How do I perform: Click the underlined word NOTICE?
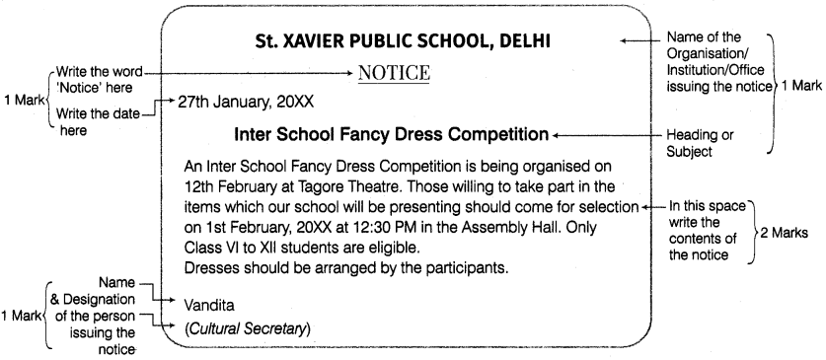pos(395,74)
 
